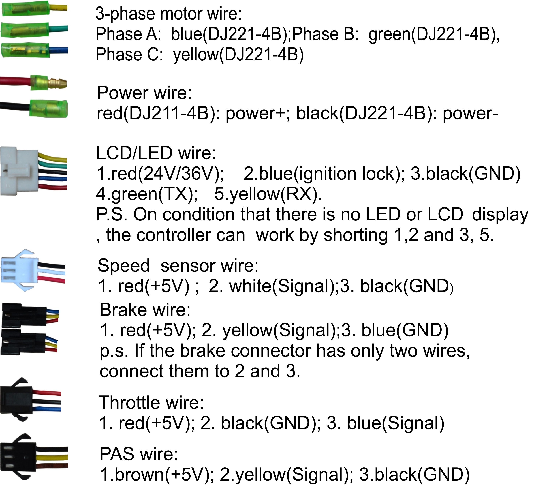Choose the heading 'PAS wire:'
(x=139, y=454)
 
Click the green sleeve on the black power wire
(x=49, y=109)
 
